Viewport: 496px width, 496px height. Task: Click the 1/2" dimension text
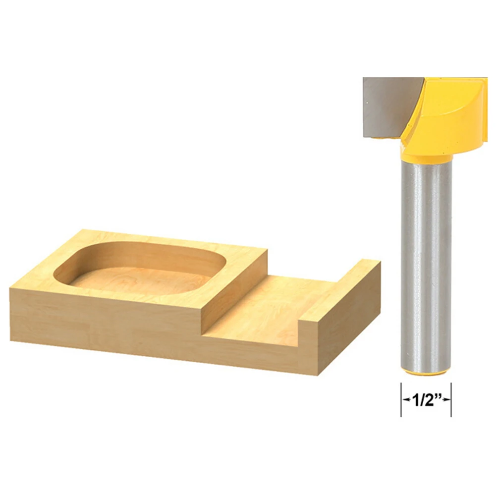click(x=427, y=400)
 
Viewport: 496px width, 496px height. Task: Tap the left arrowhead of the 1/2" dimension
click(x=406, y=399)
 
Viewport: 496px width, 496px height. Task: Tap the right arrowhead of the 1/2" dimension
click(x=446, y=399)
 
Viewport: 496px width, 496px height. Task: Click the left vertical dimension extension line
click(x=401, y=399)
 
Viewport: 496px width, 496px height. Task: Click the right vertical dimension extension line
click(x=451, y=399)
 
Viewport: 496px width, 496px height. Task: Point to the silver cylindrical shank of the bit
click(x=426, y=266)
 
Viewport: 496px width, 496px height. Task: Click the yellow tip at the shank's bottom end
click(x=426, y=374)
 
